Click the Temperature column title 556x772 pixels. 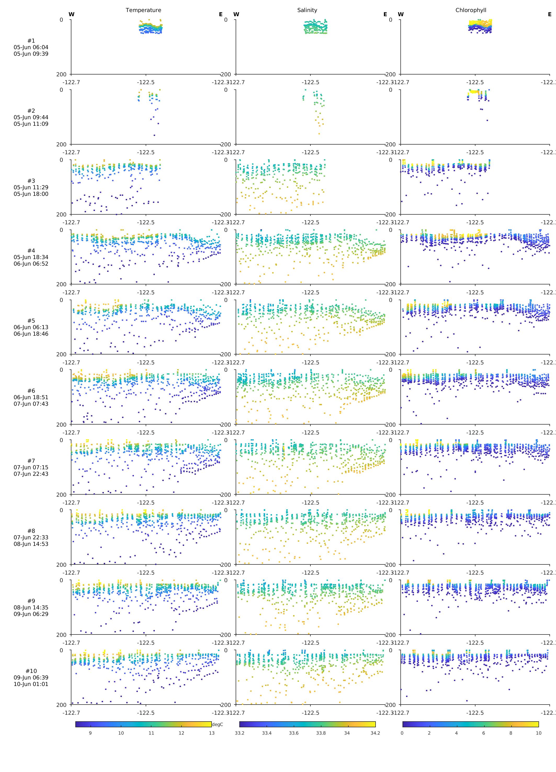[x=143, y=10]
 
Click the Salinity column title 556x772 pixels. [x=307, y=10]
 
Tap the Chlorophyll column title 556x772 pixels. [x=470, y=10]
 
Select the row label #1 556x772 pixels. [x=31, y=41]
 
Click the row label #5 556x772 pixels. [x=31, y=321]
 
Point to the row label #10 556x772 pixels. [x=31, y=671]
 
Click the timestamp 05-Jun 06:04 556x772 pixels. [x=31, y=47]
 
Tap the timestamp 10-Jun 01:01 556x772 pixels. [x=31, y=684]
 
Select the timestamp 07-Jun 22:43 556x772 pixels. [x=31, y=474]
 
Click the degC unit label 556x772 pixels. [x=217, y=724]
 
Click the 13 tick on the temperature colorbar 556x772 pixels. [x=211, y=733]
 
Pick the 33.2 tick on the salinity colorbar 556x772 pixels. [x=239, y=733]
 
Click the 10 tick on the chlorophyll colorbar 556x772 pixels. [x=538, y=733]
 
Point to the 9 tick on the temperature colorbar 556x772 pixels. [x=90, y=733]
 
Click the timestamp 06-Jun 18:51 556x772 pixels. [x=31, y=397]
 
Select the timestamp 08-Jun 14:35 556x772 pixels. [x=31, y=607]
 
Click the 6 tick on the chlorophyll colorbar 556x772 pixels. [x=484, y=733]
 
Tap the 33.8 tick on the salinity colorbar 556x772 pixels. [x=321, y=733]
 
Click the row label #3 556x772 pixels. [x=31, y=181]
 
